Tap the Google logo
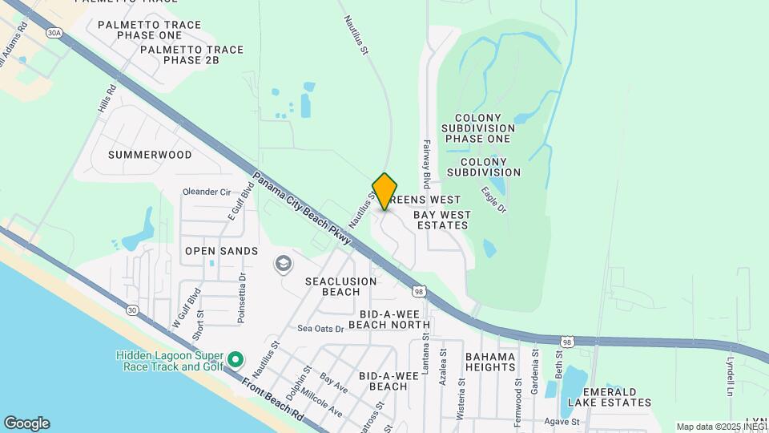(x=26, y=423)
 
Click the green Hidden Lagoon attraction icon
(x=236, y=358)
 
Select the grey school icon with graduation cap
(x=283, y=263)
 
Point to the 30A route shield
(x=54, y=33)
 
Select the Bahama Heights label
(x=490, y=362)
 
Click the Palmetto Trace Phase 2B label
(x=191, y=55)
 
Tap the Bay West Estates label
(x=441, y=220)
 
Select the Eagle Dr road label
(x=494, y=200)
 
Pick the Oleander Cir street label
(x=207, y=192)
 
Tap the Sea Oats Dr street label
(x=320, y=328)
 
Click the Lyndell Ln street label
(x=730, y=376)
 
